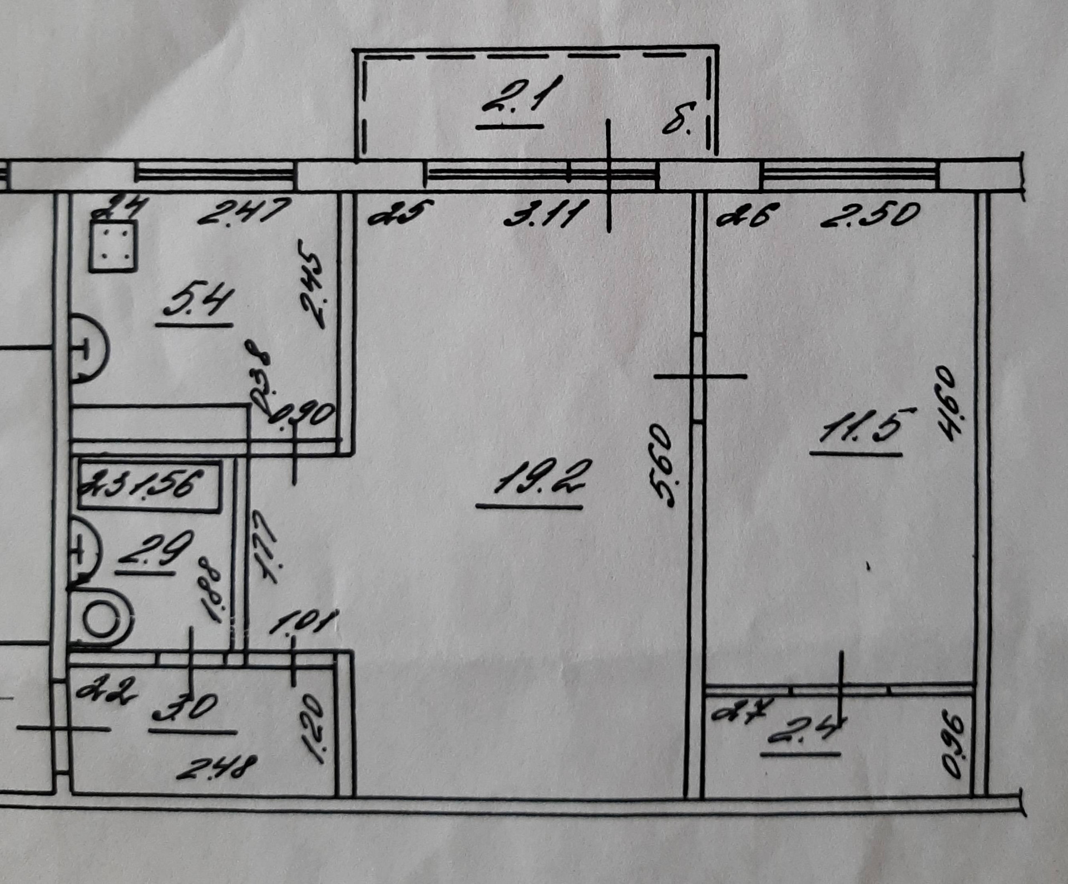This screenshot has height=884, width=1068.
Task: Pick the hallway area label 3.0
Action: (x=185, y=708)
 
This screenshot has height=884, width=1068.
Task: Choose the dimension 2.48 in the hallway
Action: (x=217, y=768)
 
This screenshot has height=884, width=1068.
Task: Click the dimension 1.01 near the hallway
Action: (x=304, y=622)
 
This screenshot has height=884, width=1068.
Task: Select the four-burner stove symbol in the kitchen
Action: (x=113, y=245)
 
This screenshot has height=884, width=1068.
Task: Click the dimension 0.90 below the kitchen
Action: (x=303, y=415)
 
